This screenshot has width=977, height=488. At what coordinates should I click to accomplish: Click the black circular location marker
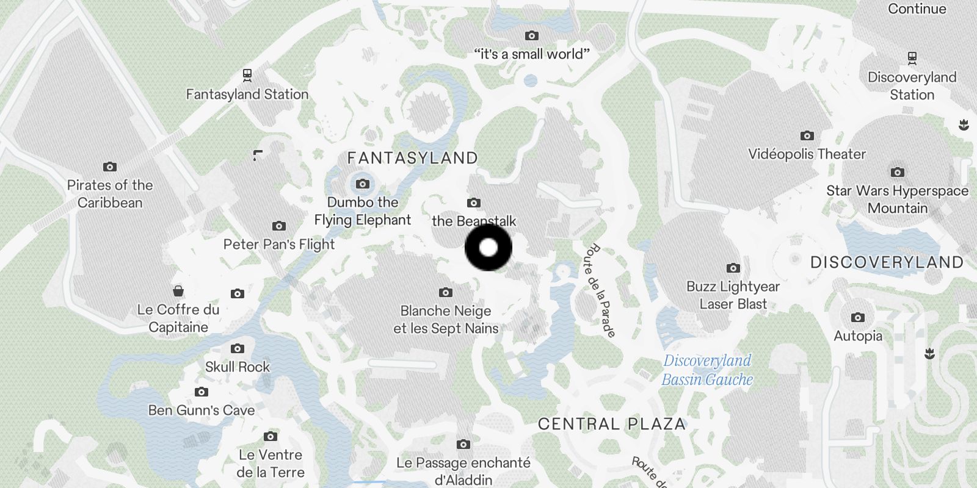click(488, 248)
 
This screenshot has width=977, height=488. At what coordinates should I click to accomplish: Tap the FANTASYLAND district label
click(412, 159)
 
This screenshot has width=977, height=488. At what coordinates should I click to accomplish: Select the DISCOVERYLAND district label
click(887, 263)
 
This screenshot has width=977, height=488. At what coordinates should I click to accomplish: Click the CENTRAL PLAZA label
click(612, 425)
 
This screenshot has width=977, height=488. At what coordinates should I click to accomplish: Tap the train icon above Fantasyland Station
click(247, 75)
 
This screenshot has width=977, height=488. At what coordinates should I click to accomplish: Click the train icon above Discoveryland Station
click(912, 58)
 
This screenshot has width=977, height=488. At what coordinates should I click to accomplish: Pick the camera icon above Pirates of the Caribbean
click(110, 167)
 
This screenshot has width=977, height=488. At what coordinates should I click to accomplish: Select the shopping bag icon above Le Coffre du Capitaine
click(178, 290)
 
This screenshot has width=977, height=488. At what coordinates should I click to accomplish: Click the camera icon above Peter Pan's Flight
click(279, 226)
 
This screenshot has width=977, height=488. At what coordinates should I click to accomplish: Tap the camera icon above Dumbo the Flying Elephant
click(363, 184)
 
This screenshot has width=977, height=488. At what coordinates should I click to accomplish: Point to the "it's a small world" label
click(532, 54)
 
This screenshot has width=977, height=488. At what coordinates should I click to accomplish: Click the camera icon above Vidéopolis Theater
click(807, 135)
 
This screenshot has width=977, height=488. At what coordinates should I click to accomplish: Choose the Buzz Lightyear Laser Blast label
click(733, 295)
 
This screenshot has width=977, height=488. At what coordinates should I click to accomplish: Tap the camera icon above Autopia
click(858, 318)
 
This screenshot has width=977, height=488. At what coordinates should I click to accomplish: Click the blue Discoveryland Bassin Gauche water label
click(707, 370)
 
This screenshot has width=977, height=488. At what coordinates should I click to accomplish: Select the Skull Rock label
click(238, 367)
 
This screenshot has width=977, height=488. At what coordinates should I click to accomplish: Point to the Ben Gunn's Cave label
click(202, 411)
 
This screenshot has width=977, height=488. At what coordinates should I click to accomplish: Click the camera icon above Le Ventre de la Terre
click(271, 437)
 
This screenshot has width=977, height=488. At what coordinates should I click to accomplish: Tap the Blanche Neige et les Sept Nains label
click(446, 320)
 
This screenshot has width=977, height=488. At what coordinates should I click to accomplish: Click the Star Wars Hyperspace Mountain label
click(897, 199)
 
